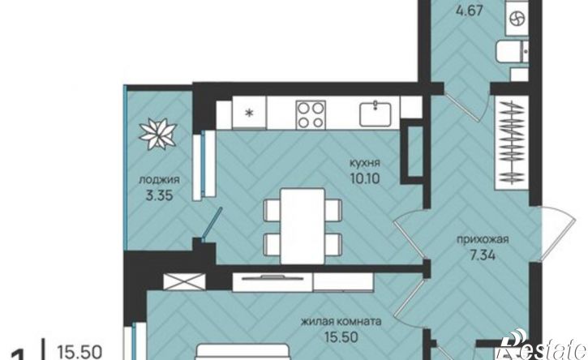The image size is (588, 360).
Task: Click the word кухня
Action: [x=364, y=164]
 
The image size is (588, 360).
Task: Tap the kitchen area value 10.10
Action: [x=364, y=178]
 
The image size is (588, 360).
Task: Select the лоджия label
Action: [x=160, y=180]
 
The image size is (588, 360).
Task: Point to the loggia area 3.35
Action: [x=160, y=195]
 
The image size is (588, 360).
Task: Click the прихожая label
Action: [x=483, y=240]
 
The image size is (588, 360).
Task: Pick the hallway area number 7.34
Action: [x=483, y=255]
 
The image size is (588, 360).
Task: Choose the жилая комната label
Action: [x=341, y=322]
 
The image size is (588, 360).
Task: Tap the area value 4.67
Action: [x=468, y=10]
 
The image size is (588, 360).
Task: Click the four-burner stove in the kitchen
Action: [x=310, y=114]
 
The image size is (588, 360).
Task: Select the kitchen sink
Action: [x=376, y=114]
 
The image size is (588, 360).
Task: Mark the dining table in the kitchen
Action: [x=303, y=226]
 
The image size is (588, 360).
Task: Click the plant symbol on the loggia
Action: [x=158, y=134]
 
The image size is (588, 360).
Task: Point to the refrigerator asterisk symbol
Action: [x=249, y=113]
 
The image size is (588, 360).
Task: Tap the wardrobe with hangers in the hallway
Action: [x=512, y=143]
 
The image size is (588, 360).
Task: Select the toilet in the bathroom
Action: [x=512, y=52]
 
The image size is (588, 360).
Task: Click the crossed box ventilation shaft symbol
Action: [x=184, y=282]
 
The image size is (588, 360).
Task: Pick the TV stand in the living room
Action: [x=303, y=282]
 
